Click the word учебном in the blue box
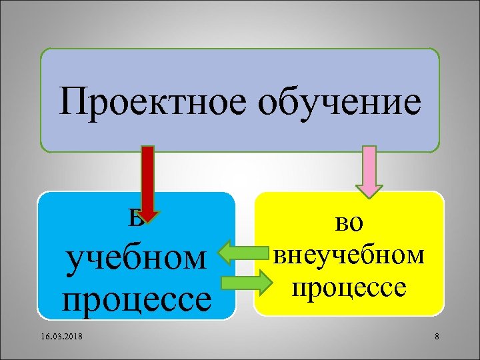coord(136,259)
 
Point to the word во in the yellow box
coord(349,223)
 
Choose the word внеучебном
coord(349,254)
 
